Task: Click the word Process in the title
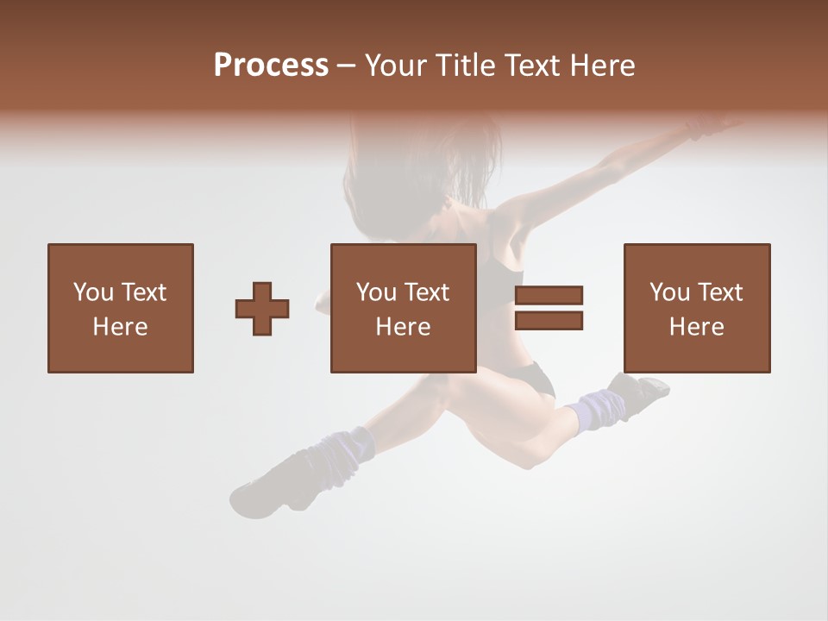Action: pyautogui.click(x=271, y=66)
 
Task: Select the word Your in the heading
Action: pyautogui.click(x=397, y=66)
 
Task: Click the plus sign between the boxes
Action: pyautogui.click(x=263, y=309)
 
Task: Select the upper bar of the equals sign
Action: pyautogui.click(x=549, y=296)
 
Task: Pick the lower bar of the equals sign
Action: pyautogui.click(x=549, y=321)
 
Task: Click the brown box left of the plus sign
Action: pyautogui.click(x=120, y=308)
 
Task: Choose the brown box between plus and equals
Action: pyautogui.click(x=403, y=308)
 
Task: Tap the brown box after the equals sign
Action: pyautogui.click(x=696, y=308)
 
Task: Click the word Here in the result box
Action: pyautogui.click(x=696, y=327)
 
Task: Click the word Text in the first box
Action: pyautogui.click(x=143, y=292)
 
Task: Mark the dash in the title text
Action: pyautogui.click(x=346, y=66)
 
